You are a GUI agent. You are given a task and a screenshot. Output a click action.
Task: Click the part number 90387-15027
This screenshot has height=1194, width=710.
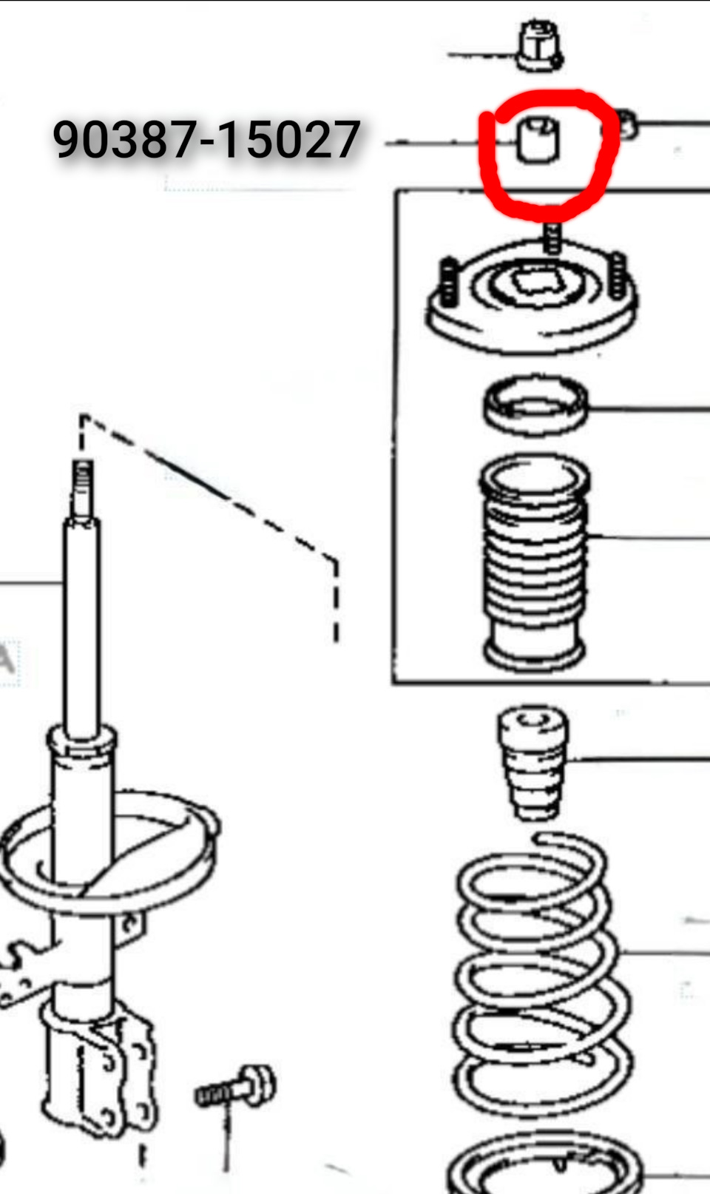206,139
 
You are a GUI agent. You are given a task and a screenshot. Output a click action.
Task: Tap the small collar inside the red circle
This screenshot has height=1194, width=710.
538,140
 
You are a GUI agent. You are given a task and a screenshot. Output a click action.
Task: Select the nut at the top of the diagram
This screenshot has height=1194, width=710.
539,46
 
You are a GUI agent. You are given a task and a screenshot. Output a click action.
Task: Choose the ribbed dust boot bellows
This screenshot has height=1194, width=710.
535,561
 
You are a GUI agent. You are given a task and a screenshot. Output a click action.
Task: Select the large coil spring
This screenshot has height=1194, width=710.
541,976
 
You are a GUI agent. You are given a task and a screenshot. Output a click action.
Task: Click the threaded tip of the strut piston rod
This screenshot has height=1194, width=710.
83,488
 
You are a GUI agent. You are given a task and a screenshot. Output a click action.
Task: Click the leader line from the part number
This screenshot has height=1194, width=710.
450,143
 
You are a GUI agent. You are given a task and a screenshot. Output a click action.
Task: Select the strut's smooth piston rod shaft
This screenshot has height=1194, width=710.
81,624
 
